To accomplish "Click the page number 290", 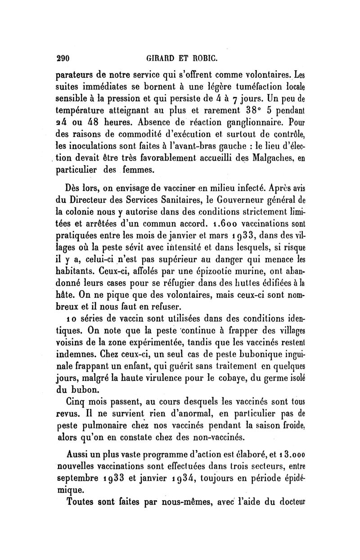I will click(x=61, y=58).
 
